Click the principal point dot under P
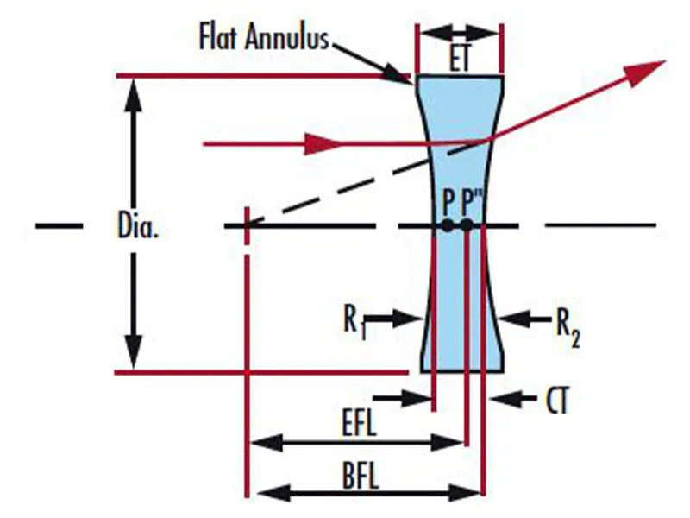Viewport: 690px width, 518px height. click(x=448, y=226)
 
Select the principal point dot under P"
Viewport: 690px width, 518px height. click(x=467, y=226)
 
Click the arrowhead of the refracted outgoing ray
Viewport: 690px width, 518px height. click(x=647, y=72)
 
